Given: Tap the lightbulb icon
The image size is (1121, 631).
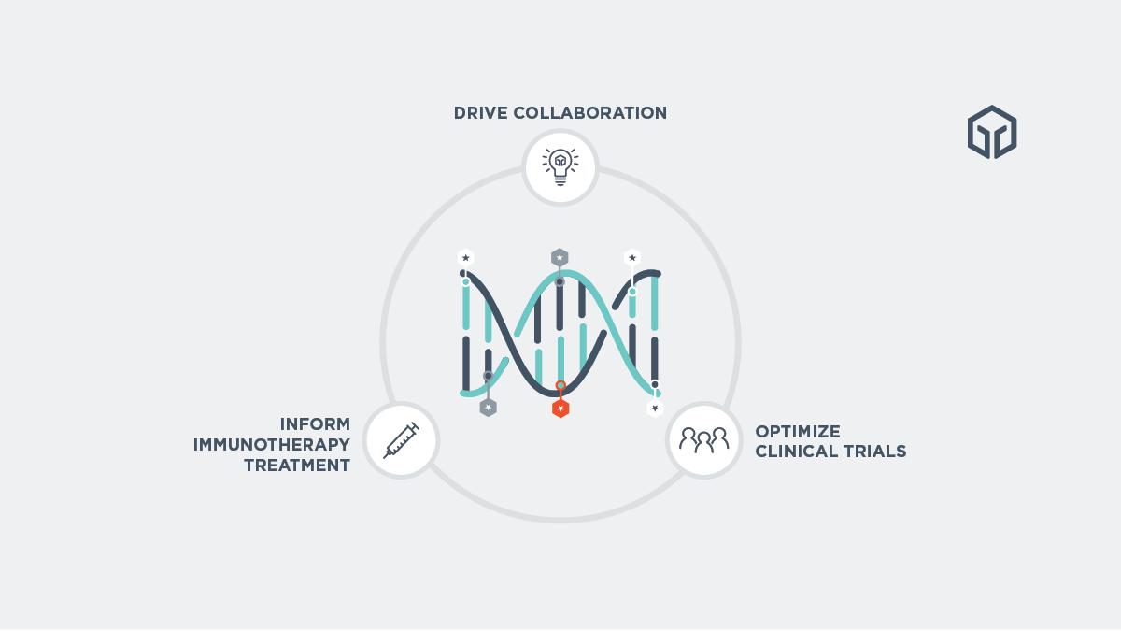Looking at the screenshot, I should [x=560, y=167].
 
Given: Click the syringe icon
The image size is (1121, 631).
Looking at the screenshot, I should [x=401, y=440].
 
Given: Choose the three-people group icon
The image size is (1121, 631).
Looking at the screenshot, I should [x=703, y=439].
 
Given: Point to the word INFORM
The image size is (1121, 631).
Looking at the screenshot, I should [x=315, y=423].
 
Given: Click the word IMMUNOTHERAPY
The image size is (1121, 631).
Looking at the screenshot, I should [x=272, y=444].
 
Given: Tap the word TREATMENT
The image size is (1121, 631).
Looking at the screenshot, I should [x=297, y=466].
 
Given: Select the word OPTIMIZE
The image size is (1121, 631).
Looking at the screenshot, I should [x=798, y=431].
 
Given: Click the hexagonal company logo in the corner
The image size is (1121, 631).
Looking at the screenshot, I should [x=992, y=132].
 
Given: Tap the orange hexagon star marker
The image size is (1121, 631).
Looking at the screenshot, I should [x=560, y=409].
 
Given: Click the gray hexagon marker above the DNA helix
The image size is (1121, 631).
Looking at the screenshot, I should [x=560, y=257].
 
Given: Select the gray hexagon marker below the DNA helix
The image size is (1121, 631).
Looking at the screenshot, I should [x=488, y=408].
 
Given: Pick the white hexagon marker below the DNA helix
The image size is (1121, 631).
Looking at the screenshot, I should [x=655, y=408].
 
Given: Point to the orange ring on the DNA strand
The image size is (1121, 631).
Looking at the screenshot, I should [x=560, y=386].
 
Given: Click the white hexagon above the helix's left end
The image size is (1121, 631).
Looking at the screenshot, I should [x=466, y=257].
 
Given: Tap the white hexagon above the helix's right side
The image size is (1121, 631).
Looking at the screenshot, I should [x=632, y=257].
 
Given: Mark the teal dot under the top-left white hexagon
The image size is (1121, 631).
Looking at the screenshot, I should [x=466, y=281].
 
